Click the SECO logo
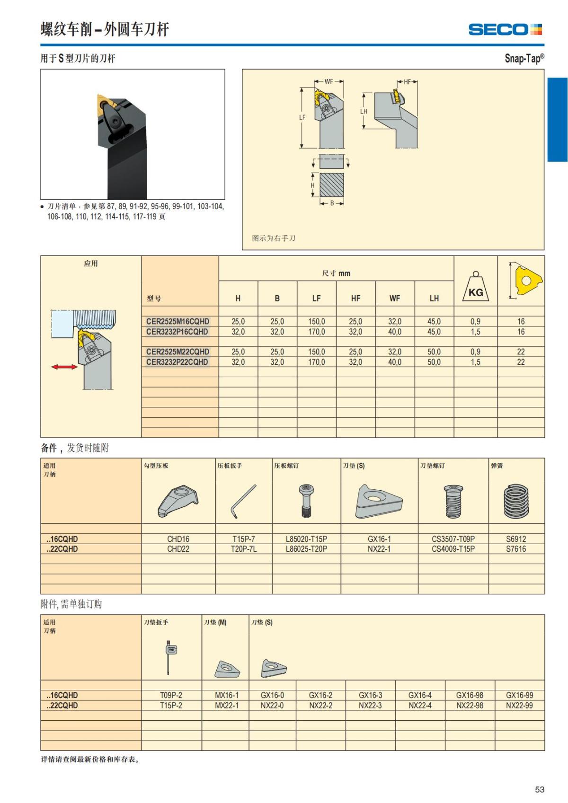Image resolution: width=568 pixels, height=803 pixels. point(505,29)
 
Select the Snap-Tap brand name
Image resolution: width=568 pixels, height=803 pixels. point(524,58)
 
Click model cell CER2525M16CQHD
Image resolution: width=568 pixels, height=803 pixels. point(177,321)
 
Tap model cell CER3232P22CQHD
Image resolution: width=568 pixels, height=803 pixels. point(177,362)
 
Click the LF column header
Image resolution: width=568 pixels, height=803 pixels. point(316,298)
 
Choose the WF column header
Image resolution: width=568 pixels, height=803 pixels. point(395,298)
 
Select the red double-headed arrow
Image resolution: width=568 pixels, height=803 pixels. point(64,367)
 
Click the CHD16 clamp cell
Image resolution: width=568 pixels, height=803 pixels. point(178,539)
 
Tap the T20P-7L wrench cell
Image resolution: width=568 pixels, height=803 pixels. point(243,549)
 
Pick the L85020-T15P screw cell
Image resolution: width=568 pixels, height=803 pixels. point(306,539)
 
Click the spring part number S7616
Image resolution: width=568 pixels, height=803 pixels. point(516,549)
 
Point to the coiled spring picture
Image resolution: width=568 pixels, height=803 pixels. point(516,501)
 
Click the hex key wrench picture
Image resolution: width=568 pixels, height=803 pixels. point(243,501)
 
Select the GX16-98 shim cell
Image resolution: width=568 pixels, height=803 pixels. point(470,695)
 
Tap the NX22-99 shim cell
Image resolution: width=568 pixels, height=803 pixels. point(519,706)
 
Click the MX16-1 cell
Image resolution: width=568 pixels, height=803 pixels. point(227,695)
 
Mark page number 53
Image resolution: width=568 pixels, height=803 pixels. point(540,789)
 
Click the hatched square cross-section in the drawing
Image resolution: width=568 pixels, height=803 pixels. point(331,185)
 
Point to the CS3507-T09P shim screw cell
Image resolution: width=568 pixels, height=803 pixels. point(453,539)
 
